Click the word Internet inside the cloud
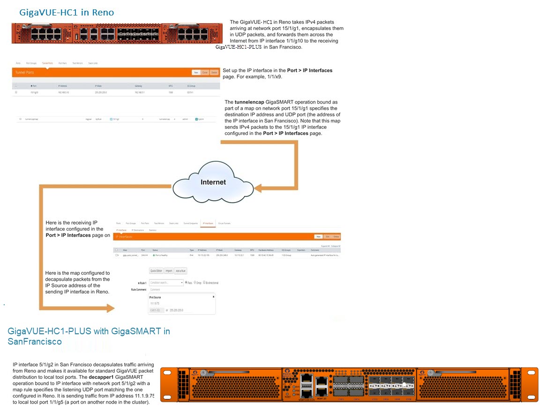click(213, 182)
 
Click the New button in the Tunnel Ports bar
click(196, 73)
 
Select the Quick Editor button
click(156, 270)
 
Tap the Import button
click(169, 270)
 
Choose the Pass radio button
click(187, 283)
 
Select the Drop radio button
click(195, 283)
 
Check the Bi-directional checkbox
click(205, 283)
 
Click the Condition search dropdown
click(166, 283)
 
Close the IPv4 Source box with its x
click(213, 297)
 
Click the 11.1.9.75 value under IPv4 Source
click(155, 303)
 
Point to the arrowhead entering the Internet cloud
click(260, 189)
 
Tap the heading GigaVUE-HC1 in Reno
click(67, 13)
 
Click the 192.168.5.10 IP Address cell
click(63, 92)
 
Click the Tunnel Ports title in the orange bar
click(24, 73)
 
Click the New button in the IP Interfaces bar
click(318, 237)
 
